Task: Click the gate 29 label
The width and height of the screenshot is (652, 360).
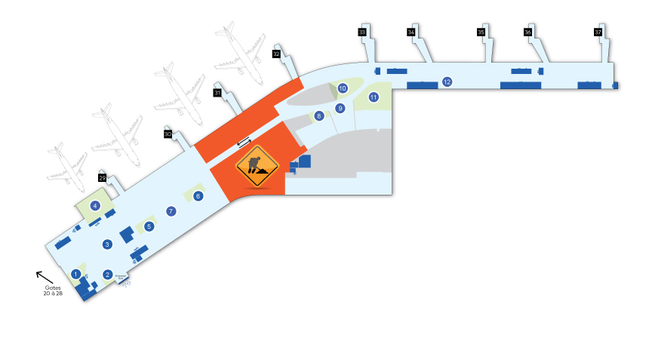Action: [x=102, y=178]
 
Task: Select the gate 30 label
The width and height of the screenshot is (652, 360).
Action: [x=168, y=134]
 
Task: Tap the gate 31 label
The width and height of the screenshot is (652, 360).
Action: [x=217, y=93]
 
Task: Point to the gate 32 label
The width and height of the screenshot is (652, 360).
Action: [x=276, y=54]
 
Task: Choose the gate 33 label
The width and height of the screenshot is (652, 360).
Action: [x=362, y=32]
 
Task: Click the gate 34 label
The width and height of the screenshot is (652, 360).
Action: [x=411, y=32]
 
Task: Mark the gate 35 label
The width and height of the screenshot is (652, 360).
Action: [x=481, y=32]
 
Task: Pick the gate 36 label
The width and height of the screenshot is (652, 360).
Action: [x=528, y=32]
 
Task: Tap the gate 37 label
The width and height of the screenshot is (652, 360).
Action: [x=598, y=32]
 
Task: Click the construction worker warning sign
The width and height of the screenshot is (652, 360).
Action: [x=257, y=167]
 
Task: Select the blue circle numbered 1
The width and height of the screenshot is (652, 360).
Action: [x=75, y=273]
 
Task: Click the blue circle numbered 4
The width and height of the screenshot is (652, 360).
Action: [x=95, y=205]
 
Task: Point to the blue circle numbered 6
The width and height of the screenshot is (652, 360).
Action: [x=198, y=196]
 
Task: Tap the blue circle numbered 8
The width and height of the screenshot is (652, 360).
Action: [x=319, y=116]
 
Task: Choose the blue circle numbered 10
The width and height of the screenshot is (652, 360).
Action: [x=342, y=88]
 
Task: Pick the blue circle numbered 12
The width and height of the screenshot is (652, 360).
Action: [x=447, y=82]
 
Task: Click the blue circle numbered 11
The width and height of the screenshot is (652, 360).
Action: [x=374, y=97]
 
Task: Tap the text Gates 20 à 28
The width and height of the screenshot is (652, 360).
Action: [x=53, y=291]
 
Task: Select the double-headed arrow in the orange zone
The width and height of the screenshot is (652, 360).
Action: [x=244, y=142]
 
